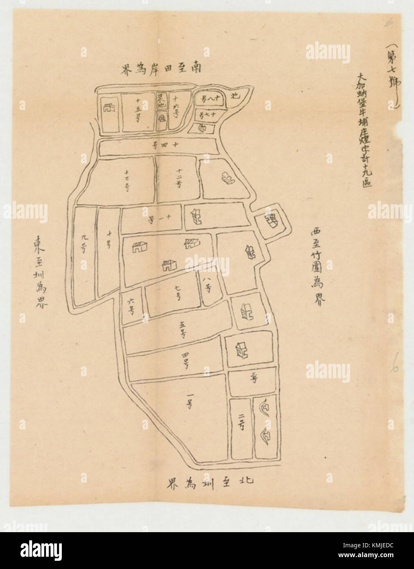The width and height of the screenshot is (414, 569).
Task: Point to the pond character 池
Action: (x=235, y=97)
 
